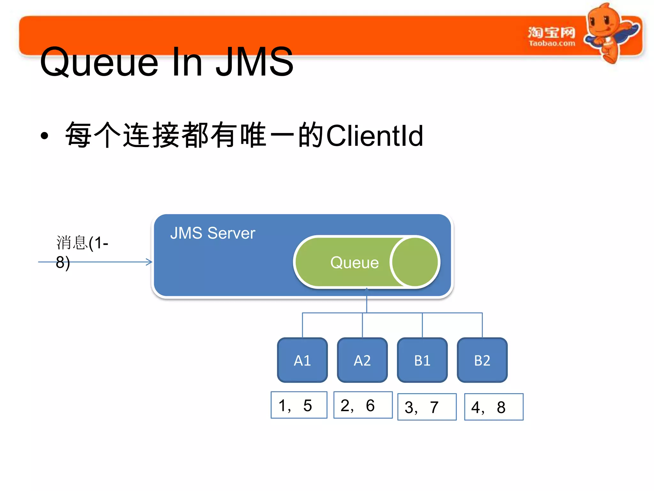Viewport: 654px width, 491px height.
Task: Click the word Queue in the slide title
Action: tap(99, 62)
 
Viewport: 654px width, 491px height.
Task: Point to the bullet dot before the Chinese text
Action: tap(44, 136)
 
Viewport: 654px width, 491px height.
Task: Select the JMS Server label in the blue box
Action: tap(212, 233)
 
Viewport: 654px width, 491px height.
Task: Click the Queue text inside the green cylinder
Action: tap(354, 263)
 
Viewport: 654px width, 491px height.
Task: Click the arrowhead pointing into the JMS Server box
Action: tap(149, 262)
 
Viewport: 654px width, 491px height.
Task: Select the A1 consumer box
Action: tap(302, 360)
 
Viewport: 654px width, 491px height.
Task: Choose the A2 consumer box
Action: tap(362, 360)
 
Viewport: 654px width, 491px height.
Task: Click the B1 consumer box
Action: tap(422, 360)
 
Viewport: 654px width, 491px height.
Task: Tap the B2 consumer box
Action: tap(482, 360)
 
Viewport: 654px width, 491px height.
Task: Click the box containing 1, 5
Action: tap(299, 405)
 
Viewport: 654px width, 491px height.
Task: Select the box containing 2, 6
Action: tap(363, 405)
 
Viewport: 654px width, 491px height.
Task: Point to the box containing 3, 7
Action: tap(427, 407)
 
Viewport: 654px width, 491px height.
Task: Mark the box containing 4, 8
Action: tap(494, 407)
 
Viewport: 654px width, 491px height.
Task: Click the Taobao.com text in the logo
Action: tap(551, 43)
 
